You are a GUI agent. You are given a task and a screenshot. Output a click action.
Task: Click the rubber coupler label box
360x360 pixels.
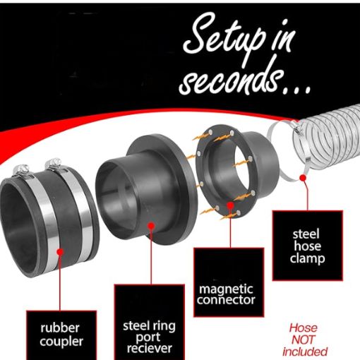click(61, 335)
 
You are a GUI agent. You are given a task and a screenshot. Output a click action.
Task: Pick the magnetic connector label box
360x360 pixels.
click(229, 282)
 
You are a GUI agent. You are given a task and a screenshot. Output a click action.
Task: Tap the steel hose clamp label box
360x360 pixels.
click(307, 246)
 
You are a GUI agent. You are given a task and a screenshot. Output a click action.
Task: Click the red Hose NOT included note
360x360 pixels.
click(304, 340)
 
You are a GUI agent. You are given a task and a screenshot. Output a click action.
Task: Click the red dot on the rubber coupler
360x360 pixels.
click(60, 251)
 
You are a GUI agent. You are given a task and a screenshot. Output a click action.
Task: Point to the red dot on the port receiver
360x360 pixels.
click(151, 226)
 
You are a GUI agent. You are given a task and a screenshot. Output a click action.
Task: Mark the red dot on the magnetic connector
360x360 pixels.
click(230, 205)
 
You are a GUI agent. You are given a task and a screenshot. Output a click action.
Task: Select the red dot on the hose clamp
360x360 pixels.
click(304, 178)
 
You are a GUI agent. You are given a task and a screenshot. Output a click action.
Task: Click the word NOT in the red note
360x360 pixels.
click(303, 340)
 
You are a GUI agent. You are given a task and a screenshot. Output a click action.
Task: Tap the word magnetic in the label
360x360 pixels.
click(226, 289)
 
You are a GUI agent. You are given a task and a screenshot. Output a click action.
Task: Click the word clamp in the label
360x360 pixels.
click(307, 259)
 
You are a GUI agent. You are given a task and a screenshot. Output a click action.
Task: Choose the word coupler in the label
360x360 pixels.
click(61, 342)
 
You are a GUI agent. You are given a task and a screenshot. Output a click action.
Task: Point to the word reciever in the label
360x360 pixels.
click(150, 348)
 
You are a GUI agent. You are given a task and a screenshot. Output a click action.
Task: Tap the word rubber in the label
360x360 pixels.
click(60, 328)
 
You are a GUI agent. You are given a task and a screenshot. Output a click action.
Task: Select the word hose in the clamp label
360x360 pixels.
click(307, 246)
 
